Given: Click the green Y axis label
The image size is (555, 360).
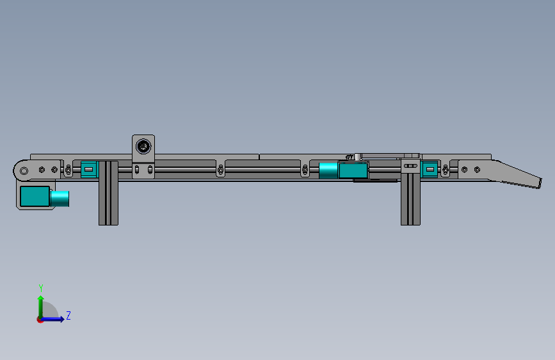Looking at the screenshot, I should [x=40, y=288].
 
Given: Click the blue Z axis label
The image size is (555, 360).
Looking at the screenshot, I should [x=68, y=315].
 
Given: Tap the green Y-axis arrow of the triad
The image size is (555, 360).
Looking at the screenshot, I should [x=40, y=304].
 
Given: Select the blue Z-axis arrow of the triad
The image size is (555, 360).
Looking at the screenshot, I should [x=55, y=318].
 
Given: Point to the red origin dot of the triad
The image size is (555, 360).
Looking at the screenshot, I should [x=40, y=320].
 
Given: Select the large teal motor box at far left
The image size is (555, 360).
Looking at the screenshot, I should [x=35, y=197].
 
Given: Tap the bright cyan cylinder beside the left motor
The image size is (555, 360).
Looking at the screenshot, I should [x=61, y=199].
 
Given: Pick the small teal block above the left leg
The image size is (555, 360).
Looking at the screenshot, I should [x=88, y=170].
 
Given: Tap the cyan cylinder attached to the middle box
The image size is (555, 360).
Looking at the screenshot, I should [x=328, y=171].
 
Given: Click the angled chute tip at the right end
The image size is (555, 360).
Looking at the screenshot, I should [x=532, y=182].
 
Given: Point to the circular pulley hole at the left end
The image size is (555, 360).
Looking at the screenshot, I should [x=24, y=170].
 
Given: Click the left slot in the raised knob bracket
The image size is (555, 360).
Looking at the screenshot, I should [x=137, y=170].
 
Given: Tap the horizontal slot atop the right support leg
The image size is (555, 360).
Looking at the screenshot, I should [x=410, y=165].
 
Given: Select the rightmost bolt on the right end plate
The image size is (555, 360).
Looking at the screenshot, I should [x=477, y=170].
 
